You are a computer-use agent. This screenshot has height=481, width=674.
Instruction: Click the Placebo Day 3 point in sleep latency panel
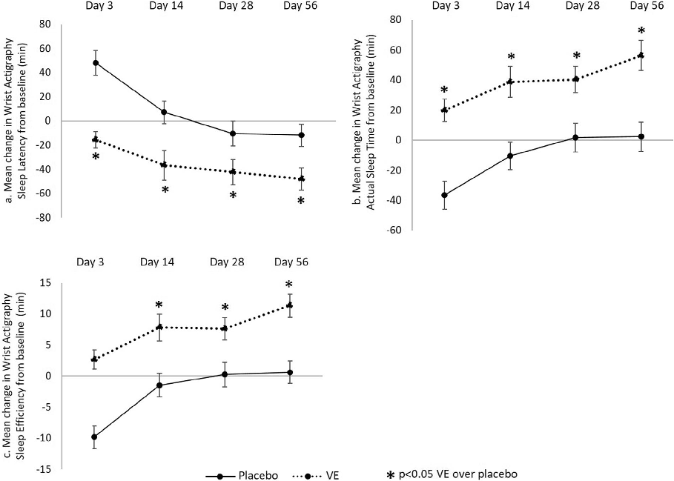(x=96, y=63)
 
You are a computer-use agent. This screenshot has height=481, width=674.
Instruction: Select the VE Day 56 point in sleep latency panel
(x=300, y=179)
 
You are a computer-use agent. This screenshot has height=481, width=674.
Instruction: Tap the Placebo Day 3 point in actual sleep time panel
(x=444, y=196)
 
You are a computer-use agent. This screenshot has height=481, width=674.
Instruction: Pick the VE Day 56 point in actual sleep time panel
(x=641, y=56)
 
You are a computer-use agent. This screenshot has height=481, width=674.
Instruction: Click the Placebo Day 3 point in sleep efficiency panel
(x=94, y=437)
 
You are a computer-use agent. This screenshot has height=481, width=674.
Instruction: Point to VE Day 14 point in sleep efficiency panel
(x=159, y=327)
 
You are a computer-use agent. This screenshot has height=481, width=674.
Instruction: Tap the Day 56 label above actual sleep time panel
(x=642, y=5)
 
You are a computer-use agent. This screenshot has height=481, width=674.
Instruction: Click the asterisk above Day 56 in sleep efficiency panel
(x=289, y=285)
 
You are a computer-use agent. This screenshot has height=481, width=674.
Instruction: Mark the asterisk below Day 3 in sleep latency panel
(x=96, y=156)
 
